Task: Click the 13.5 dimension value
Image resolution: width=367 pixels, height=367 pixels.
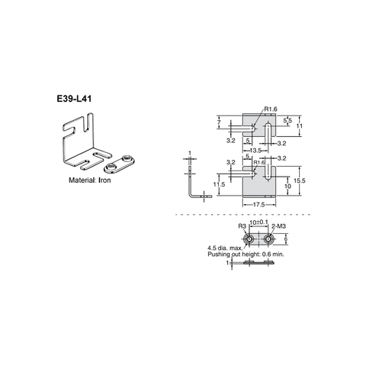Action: (256, 150)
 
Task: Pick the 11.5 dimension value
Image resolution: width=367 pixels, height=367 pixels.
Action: (219, 183)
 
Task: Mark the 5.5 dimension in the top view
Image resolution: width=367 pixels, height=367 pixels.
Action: (286, 121)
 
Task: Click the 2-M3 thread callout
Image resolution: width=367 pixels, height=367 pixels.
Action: (278, 227)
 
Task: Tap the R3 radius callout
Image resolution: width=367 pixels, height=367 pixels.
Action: (241, 227)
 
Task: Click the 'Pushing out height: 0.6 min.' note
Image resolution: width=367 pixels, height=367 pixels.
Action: (245, 254)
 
